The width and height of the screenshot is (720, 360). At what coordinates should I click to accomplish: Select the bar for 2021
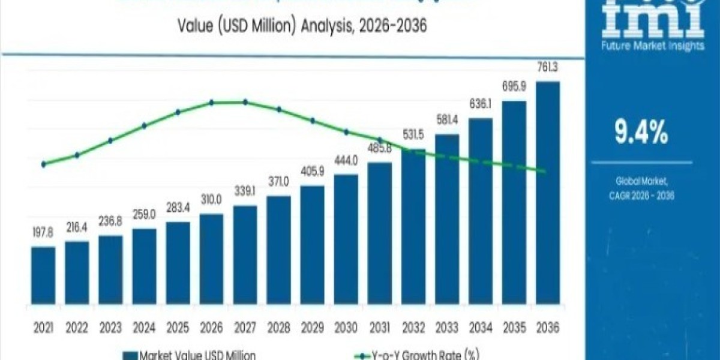[x=43, y=281]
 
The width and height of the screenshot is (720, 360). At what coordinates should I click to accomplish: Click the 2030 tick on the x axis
[x=346, y=328]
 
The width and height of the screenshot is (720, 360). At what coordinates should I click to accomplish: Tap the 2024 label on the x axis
[x=144, y=328]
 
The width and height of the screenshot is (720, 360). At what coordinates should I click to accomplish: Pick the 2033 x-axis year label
[x=446, y=328]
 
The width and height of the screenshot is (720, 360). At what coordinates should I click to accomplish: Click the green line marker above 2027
[x=245, y=102]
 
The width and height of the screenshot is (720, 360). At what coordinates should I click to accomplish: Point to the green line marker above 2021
[x=43, y=164]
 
